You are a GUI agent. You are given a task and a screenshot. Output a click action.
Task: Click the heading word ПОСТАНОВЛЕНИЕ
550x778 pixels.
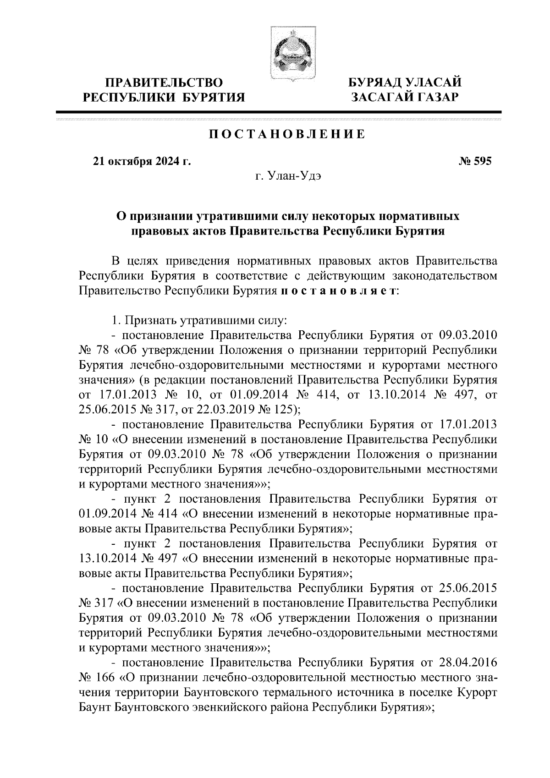287,134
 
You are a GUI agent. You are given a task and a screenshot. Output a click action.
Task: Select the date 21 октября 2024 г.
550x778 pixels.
142,161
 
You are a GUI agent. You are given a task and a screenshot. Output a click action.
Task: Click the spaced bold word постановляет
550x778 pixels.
339,291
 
